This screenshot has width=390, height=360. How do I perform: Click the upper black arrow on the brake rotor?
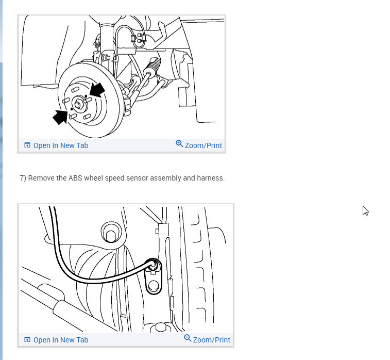pos(97,90)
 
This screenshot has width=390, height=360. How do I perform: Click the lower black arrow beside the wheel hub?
pos(60,117)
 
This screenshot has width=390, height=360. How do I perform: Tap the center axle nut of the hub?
pos(78,104)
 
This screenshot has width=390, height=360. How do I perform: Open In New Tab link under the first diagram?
pos(61,145)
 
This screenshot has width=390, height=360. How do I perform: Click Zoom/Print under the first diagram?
pos(203,145)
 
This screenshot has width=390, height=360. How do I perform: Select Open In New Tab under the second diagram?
pos(61,340)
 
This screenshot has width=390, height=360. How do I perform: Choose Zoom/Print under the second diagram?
pos(211,340)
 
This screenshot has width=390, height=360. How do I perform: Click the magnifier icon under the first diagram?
pos(179,144)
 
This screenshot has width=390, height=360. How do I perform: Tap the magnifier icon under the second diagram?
pos(188,338)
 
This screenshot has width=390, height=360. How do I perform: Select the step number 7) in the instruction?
pos(23,178)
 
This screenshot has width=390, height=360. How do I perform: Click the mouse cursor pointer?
pos(365,210)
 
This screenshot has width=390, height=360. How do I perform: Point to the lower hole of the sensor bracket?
pos(154,286)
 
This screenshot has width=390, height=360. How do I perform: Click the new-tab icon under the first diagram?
pos(27,145)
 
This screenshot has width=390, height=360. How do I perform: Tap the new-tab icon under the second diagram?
pos(27,339)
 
